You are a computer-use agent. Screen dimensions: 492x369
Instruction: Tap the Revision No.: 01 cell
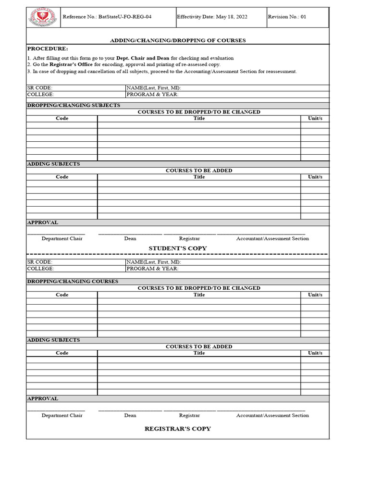287,17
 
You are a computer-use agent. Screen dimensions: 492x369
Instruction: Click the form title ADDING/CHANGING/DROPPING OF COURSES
178,40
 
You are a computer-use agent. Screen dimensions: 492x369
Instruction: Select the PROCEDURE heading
48,49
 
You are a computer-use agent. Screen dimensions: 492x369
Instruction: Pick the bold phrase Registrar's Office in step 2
71,64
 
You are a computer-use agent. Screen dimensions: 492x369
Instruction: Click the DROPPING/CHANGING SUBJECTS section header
74,105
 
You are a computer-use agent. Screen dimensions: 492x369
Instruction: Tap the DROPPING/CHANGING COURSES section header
73,282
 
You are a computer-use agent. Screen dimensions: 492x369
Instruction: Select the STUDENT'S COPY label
178,248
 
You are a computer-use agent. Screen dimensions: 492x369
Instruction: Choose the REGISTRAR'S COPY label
178,429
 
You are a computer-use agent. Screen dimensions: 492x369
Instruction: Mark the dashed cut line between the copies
178,254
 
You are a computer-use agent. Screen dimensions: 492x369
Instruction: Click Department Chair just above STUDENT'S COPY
62,238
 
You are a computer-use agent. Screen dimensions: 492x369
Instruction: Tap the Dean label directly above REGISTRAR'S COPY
130,415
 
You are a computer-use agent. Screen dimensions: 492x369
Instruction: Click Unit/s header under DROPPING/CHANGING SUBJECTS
315,118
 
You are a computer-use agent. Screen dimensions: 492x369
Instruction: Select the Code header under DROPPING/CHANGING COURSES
62,295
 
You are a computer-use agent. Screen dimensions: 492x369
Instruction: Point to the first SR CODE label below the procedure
39,88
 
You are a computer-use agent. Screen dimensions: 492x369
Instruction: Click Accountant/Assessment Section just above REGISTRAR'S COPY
272,415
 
